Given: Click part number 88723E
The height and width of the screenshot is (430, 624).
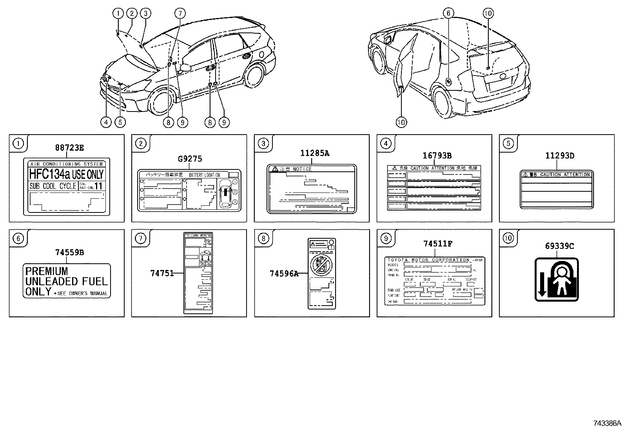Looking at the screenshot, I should [69, 148].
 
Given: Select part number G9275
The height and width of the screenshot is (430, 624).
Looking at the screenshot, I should [190, 159].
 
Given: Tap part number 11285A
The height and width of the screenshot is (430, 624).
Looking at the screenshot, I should [314, 153].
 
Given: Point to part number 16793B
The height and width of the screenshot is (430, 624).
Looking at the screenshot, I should [437, 156].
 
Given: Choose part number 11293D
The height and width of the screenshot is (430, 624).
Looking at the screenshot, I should [559, 156].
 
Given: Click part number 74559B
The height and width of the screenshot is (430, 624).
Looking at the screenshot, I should [69, 253].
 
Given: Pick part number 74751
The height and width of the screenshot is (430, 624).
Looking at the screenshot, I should [162, 273].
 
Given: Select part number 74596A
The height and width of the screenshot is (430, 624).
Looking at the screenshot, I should [284, 274].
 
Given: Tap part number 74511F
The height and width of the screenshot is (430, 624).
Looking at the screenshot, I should [438, 244].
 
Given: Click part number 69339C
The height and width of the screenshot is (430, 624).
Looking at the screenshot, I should [559, 246].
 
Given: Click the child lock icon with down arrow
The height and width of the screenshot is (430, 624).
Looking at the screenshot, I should [557, 279].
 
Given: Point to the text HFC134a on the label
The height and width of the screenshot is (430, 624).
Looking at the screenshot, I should [50, 174].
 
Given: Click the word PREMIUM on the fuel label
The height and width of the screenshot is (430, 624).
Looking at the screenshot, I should [47, 271].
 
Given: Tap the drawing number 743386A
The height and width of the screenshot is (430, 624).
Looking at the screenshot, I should [607, 423].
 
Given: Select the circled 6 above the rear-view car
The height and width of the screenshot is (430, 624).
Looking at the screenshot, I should [448, 13].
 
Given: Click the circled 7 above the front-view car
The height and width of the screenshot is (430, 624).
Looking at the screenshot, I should [180, 13].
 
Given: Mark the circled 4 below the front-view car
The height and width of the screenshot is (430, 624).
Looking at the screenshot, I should [106, 122].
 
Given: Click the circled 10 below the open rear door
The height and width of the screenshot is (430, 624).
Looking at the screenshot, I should [401, 122].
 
